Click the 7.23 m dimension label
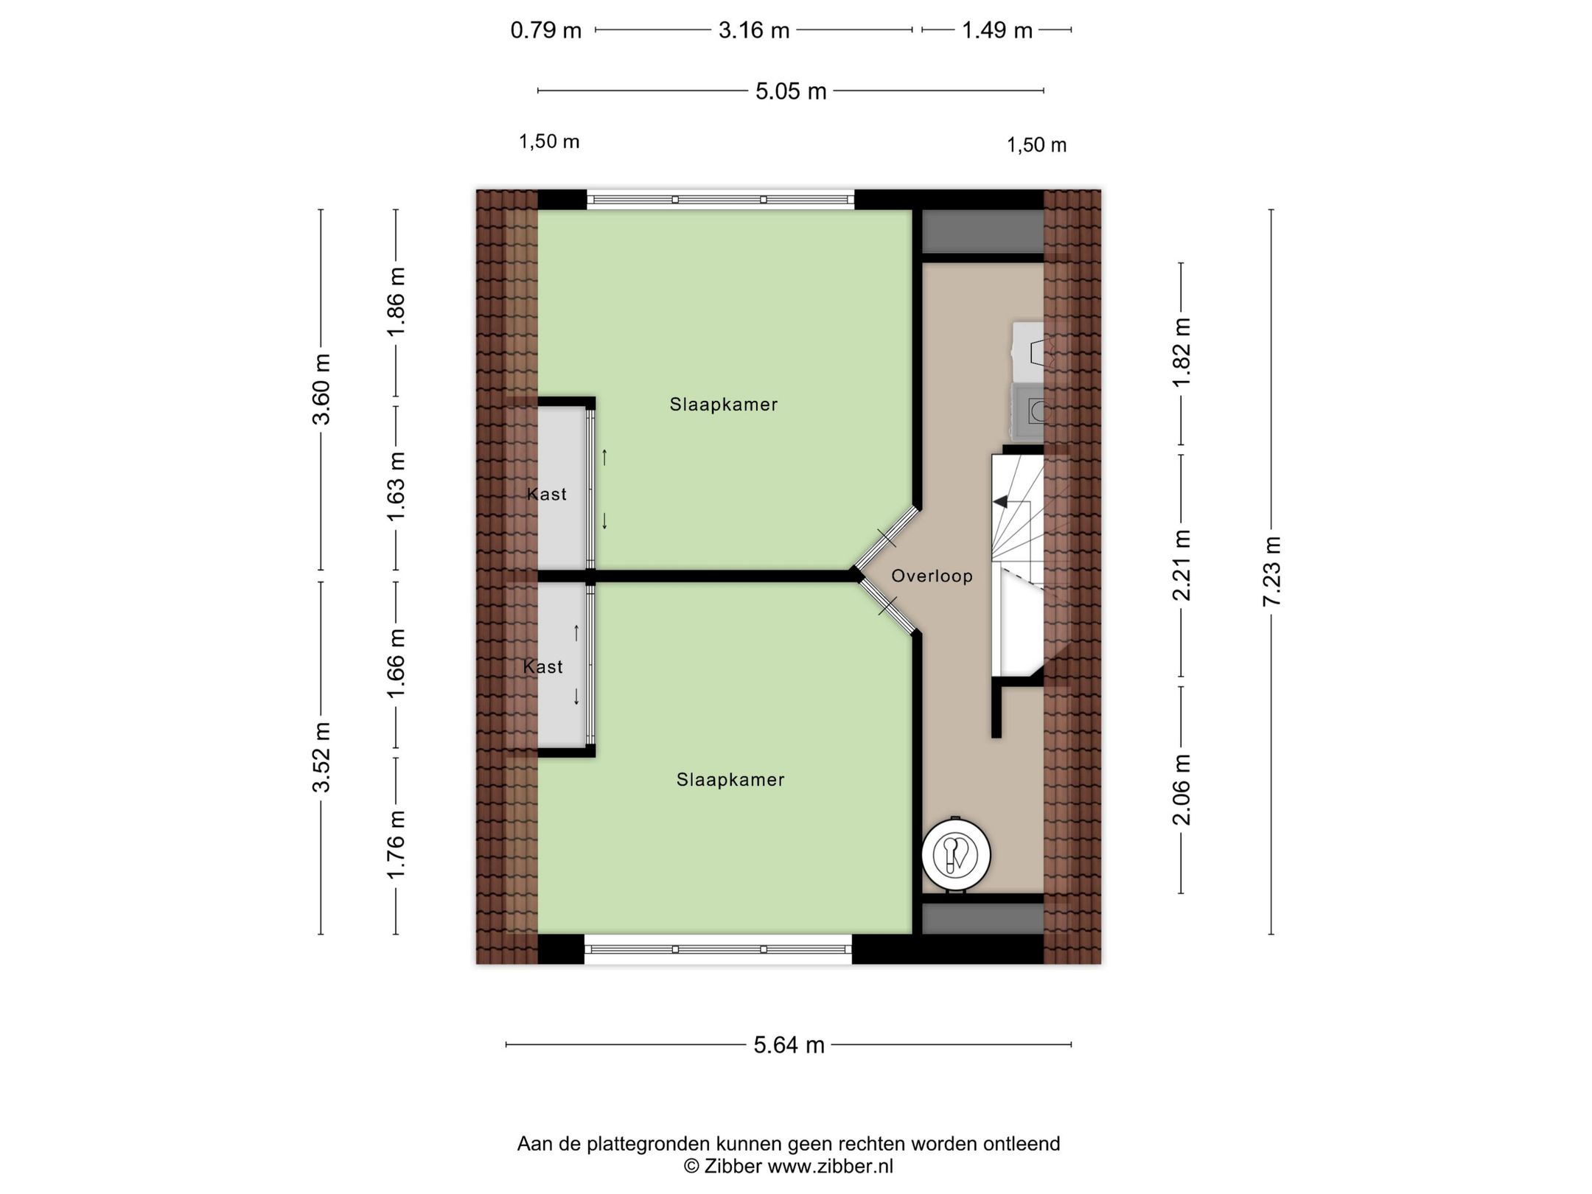pyautogui.click(x=1272, y=571)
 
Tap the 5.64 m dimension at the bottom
pyautogui.click(x=789, y=1044)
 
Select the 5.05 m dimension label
pyautogui.click(x=791, y=91)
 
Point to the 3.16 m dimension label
pyautogui.click(x=754, y=30)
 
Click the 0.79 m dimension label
pyautogui.click(x=546, y=30)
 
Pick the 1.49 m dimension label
pyautogui.click(x=996, y=30)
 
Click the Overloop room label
pyautogui.click(x=932, y=576)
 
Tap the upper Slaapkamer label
pyautogui.click(x=723, y=404)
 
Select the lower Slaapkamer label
pyautogui.click(x=730, y=779)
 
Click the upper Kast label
pyautogui.click(x=547, y=494)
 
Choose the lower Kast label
pyautogui.click(x=542, y=666)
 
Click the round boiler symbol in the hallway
pyautogui.click(x=955, y=855)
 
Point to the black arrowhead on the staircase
pyautogui.click(x=1000, y=502)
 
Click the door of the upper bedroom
pyautogui.click(x=887, y=538)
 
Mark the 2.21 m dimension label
pyautogui.click(x=1181, y=565)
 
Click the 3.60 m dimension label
pyautogui.click(x=321, y=389)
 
